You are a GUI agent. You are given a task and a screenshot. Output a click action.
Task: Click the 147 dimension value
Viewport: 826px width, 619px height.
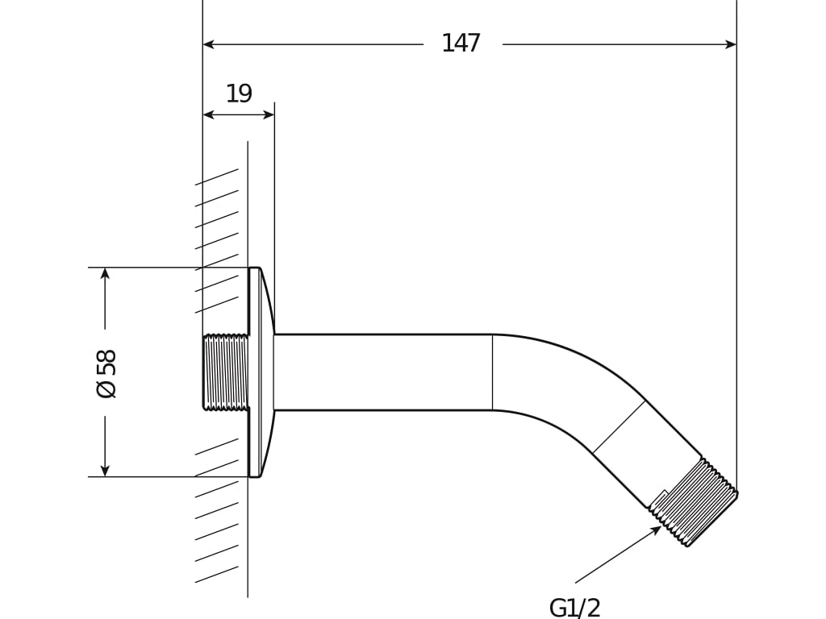click(x=461, y=44)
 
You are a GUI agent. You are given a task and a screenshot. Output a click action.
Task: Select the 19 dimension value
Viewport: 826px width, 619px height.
click(x=239, y=93)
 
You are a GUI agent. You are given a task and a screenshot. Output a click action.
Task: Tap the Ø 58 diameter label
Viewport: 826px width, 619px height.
click(x=106, y=373)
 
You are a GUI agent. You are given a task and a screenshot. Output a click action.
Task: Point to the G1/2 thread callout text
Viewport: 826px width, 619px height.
click(x=574, y=608)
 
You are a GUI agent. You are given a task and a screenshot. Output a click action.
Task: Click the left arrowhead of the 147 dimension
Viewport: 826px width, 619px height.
click(x=208, y=44)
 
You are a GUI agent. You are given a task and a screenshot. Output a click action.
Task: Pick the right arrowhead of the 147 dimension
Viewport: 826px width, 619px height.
click(x=731, y=44)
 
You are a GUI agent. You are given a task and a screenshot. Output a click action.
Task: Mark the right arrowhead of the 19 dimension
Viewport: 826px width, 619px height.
click(x=269, y=114)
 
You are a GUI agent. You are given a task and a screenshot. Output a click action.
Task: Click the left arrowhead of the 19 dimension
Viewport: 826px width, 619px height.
click(x=208, y=114)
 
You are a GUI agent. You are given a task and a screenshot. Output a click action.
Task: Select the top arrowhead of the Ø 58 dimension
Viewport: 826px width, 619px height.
click(x=106, y=273)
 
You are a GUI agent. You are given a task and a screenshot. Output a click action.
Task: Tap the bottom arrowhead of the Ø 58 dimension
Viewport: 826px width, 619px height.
click(x=106, y=471)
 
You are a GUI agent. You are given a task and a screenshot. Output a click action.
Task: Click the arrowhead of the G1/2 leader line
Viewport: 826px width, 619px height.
click(x=657, y=530)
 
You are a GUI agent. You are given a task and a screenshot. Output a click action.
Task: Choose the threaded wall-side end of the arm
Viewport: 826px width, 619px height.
click(x=226, y=372)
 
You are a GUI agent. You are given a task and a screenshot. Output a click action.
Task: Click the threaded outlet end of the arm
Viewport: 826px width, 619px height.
click(x=693, y=502)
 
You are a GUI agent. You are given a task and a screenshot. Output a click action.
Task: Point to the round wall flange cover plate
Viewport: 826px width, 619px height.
click(x=261, y=372)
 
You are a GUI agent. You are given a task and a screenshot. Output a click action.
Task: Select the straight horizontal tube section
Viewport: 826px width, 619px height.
click(x=383, y=372)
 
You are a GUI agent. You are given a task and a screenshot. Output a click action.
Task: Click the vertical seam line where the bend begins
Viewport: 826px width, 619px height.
click(x=493, y=372)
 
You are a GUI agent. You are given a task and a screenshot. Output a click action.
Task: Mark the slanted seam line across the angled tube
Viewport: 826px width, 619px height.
click(x=619, y=427)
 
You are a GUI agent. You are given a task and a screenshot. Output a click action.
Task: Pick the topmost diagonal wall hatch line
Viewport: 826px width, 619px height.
click(x=216, y=177)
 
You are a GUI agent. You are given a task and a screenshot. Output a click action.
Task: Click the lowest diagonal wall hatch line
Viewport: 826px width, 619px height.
click(x=216, y=574)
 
